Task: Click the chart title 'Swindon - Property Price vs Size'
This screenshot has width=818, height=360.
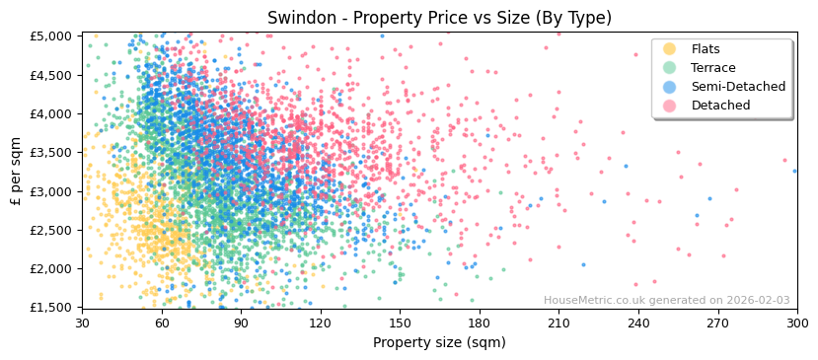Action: [439, 18]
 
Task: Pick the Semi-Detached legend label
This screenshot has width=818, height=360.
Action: [738, 87]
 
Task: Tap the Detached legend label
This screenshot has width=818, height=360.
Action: [720, 106]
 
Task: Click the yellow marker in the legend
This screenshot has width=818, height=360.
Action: [670, 49]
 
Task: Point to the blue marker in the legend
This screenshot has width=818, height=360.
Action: [670, 87]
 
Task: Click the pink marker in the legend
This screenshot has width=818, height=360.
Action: [670, 106]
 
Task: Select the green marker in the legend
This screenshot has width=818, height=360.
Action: [670, 68]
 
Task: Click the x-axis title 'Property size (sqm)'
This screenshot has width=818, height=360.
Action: [439, 343]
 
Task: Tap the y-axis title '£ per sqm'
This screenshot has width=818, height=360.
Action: [16, 172]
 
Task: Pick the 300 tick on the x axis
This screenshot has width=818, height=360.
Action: [796, 324]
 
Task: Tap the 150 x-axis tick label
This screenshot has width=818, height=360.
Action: [400, 324]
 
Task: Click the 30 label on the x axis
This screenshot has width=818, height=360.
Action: [82, 324]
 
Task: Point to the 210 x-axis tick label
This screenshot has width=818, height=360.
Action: [558, 324]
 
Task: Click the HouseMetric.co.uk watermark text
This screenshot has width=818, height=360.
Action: [666, 301]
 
